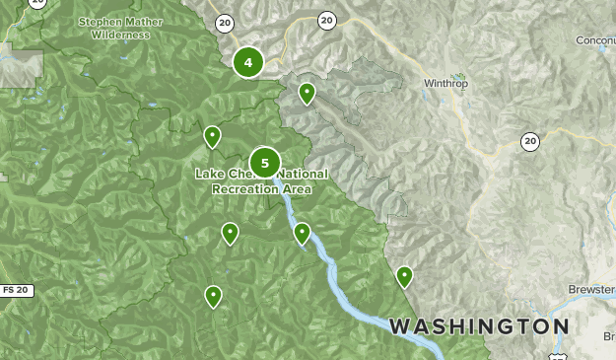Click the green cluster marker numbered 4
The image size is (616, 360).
coord(248,63)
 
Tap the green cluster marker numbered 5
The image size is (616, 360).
coord(264,163)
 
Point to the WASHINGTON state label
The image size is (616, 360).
coord(478,325)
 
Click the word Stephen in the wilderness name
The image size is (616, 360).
coord(99,21)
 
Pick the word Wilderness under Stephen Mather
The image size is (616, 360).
coord(121,35)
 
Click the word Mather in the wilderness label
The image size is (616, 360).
coord(141,21)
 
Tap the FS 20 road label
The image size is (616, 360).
coord(15,290)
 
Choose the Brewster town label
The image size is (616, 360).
coord(591,290)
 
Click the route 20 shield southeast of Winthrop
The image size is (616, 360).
coord(530,142)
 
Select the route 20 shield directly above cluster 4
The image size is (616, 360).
coord(224,22)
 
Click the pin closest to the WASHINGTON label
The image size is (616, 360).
coord(404,276)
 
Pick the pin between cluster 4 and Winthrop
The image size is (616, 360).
coord(307,93)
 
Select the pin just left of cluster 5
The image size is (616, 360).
coord(212,136)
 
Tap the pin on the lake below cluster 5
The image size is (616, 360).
coord(303,233)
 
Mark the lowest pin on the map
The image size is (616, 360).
coord(213,295)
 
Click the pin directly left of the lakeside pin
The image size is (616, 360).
coord(230,233)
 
